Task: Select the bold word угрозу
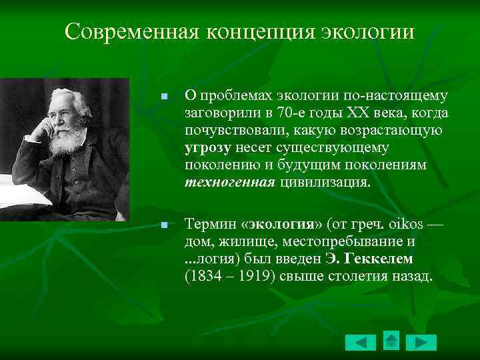[208, 147]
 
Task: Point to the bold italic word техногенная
[229, 182]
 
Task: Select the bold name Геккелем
[379, 259]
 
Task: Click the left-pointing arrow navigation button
[361, 342]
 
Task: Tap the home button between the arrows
[391, 340]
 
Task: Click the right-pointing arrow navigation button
[421, 342]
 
